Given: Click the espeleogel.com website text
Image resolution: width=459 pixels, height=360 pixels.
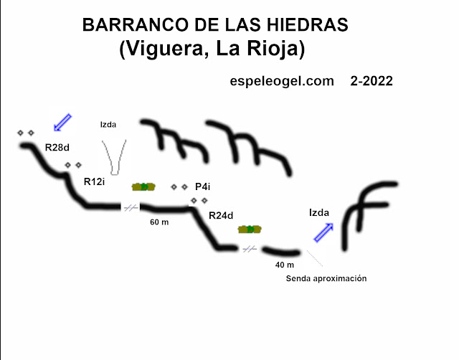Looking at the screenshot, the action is [282, 82].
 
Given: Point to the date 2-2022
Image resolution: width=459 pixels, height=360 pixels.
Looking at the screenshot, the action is [372, 82].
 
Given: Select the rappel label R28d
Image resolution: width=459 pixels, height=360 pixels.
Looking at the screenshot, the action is [58, 147].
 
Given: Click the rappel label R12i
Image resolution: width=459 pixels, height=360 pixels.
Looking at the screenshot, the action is [95, 181].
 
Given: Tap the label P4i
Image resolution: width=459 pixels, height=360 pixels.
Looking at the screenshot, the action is [202, 187].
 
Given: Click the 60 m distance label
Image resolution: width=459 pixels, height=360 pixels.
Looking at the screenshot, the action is [159, 222].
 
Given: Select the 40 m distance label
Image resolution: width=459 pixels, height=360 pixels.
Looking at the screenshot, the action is [285, 265].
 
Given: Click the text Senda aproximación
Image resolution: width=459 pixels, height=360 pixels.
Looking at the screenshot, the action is [326, 278].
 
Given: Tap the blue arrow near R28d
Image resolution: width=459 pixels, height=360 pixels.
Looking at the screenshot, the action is [63, 122].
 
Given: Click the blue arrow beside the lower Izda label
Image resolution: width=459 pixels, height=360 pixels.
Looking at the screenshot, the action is [323, 232].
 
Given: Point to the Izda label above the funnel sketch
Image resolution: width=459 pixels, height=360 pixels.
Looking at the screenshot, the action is [108, 124].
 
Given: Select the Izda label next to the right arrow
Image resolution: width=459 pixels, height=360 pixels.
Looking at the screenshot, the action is [319, 212].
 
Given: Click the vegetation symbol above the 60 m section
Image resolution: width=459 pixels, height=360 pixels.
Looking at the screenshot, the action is [143, 186].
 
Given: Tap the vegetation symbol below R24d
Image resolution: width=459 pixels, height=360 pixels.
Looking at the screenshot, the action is [249, 229].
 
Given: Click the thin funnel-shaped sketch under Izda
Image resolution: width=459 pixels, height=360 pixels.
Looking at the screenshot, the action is [114, 153].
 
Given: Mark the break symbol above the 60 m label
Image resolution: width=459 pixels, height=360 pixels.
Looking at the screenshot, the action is [131, 208].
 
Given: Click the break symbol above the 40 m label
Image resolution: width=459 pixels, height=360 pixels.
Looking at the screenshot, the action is [249, 249].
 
